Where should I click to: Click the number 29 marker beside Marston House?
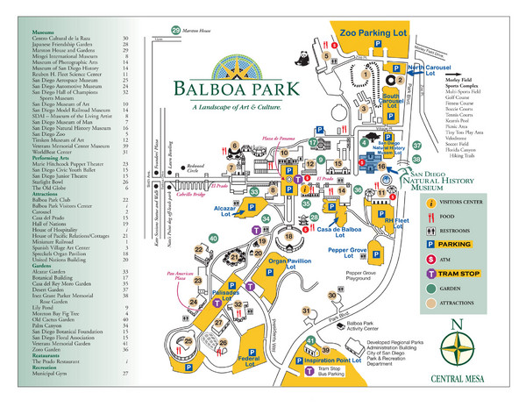(175, 30)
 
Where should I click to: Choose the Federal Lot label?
(247, 360)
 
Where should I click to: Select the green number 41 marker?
(311, 340)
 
